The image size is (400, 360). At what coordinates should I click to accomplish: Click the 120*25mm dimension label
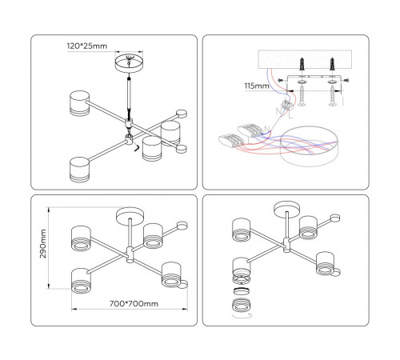tap(87, 46)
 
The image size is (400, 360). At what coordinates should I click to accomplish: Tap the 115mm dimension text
tap(257, 86)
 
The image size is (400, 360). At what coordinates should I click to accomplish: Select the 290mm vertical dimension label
tap(43, 243)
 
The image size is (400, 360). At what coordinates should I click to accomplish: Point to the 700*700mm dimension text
tap(134, 303)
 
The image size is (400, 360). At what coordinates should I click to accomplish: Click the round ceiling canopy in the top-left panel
tap(129, 63)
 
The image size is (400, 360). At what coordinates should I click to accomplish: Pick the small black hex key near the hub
tap(137, 148)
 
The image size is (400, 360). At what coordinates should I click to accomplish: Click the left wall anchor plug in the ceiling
tap(302, 64)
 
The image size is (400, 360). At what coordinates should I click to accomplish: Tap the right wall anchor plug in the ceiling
tap(332, 64)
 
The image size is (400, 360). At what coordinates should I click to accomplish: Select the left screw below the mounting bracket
tap(302, 95)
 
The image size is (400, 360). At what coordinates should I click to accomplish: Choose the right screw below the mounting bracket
tap(333, 95)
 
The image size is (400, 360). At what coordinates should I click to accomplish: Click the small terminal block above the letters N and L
tap(287, 104)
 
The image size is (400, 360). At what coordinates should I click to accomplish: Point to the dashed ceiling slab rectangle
tap(305, 59)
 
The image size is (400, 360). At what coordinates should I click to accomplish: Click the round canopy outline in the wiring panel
tap(310, 146)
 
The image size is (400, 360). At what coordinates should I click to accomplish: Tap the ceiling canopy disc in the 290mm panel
tap(130, 215)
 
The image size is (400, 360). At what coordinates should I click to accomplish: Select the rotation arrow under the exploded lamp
tap(242, 316)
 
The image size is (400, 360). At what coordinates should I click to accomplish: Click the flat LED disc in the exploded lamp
tap(242, 291)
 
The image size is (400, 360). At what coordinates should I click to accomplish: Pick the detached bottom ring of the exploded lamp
tap(242, 305)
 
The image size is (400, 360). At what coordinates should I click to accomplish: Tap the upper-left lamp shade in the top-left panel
tap(79, 103)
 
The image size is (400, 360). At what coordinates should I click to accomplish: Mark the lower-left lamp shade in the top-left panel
tap(79, 170)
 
